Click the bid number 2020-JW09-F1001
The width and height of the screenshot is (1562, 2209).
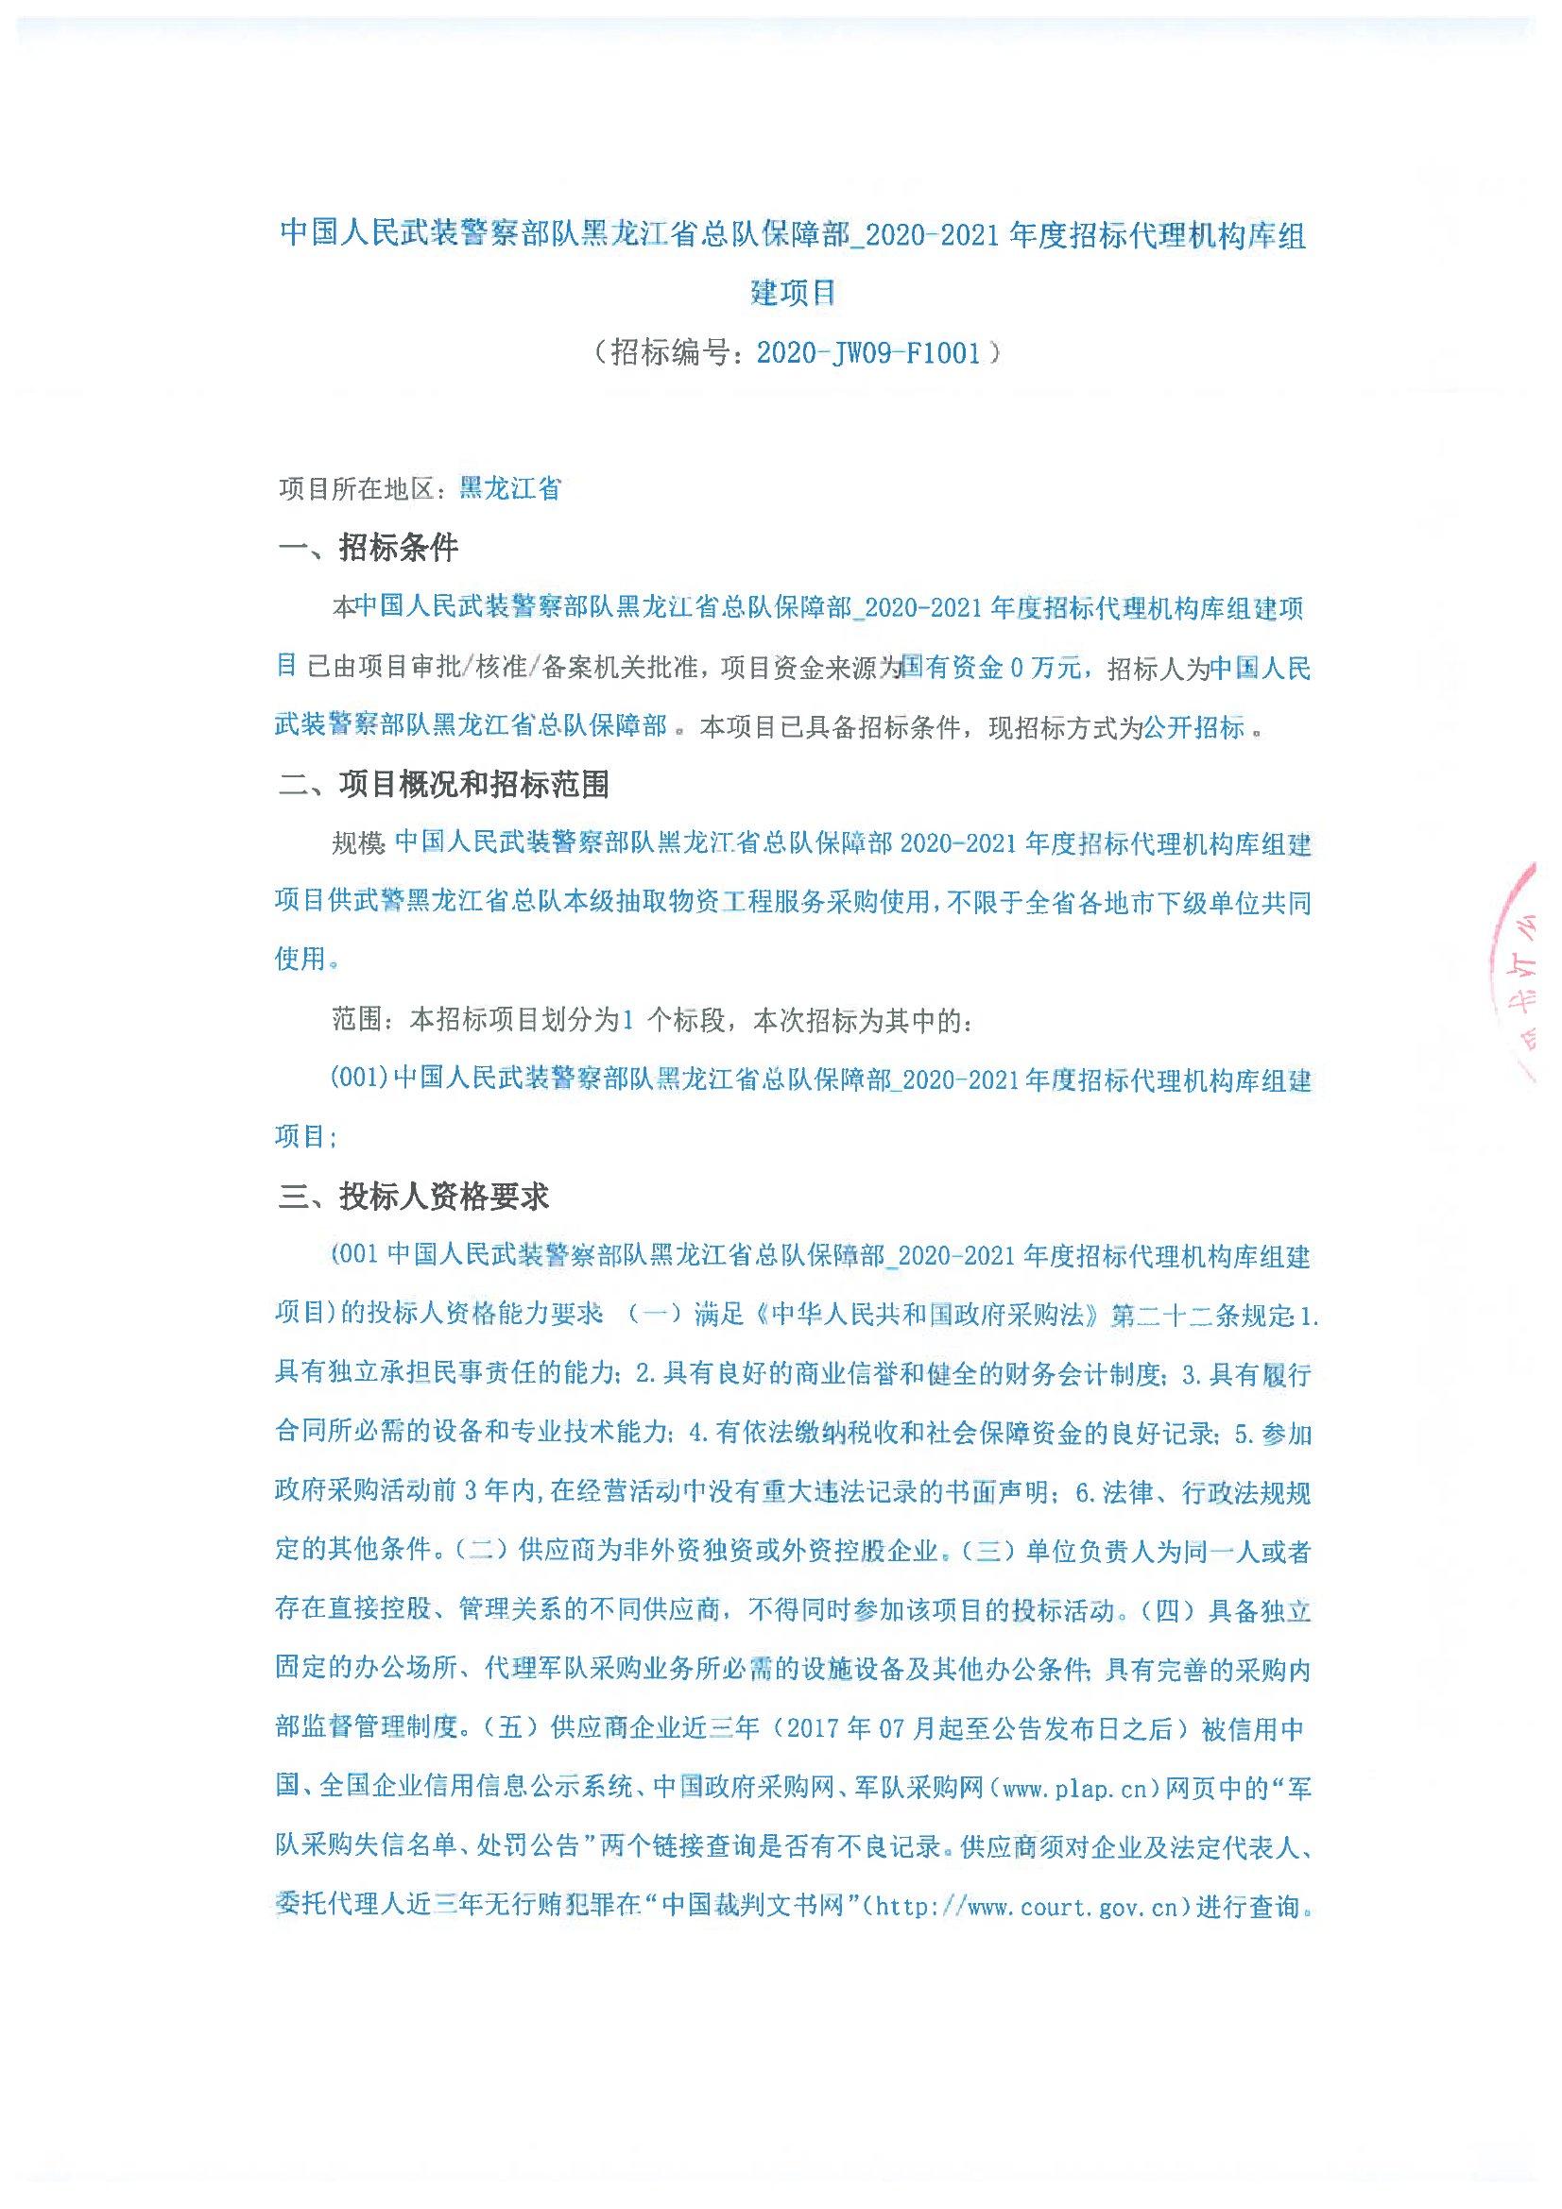[868, 353]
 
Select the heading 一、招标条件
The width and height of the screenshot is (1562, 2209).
[369, 549]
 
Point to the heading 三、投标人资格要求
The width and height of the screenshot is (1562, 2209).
[414, 1197]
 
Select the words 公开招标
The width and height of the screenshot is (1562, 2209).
[1193, 727]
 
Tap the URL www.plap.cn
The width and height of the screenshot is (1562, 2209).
[1074, 1789]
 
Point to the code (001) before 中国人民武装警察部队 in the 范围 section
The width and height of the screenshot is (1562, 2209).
[359, 1079]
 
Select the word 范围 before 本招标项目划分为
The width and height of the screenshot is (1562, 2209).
[358, 1020]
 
